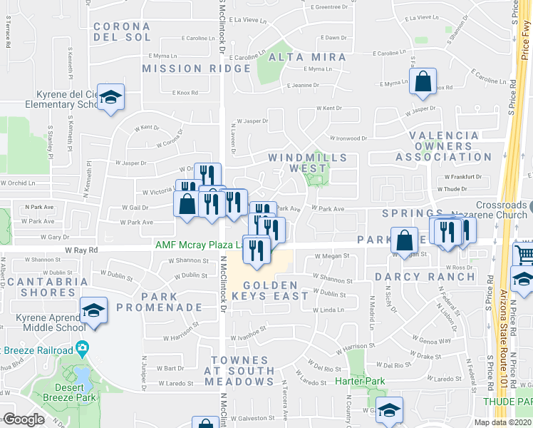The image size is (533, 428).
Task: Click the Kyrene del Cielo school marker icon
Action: tap(111, 97)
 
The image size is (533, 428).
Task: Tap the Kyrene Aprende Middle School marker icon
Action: tap(93, 310)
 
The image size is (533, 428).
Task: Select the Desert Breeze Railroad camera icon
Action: tap(83, 350)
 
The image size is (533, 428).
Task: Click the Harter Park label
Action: tap(361, 382)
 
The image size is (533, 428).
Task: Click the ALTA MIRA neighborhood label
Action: tap(308, 57)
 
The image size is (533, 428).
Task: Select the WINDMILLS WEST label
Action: tap(308, 163)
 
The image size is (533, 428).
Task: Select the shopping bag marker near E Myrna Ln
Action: tap(423, 83)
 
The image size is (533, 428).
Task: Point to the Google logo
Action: tap(24, 419)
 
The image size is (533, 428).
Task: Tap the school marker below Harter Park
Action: tap(389, 409)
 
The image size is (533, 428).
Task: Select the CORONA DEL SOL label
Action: tap(122, 31)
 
